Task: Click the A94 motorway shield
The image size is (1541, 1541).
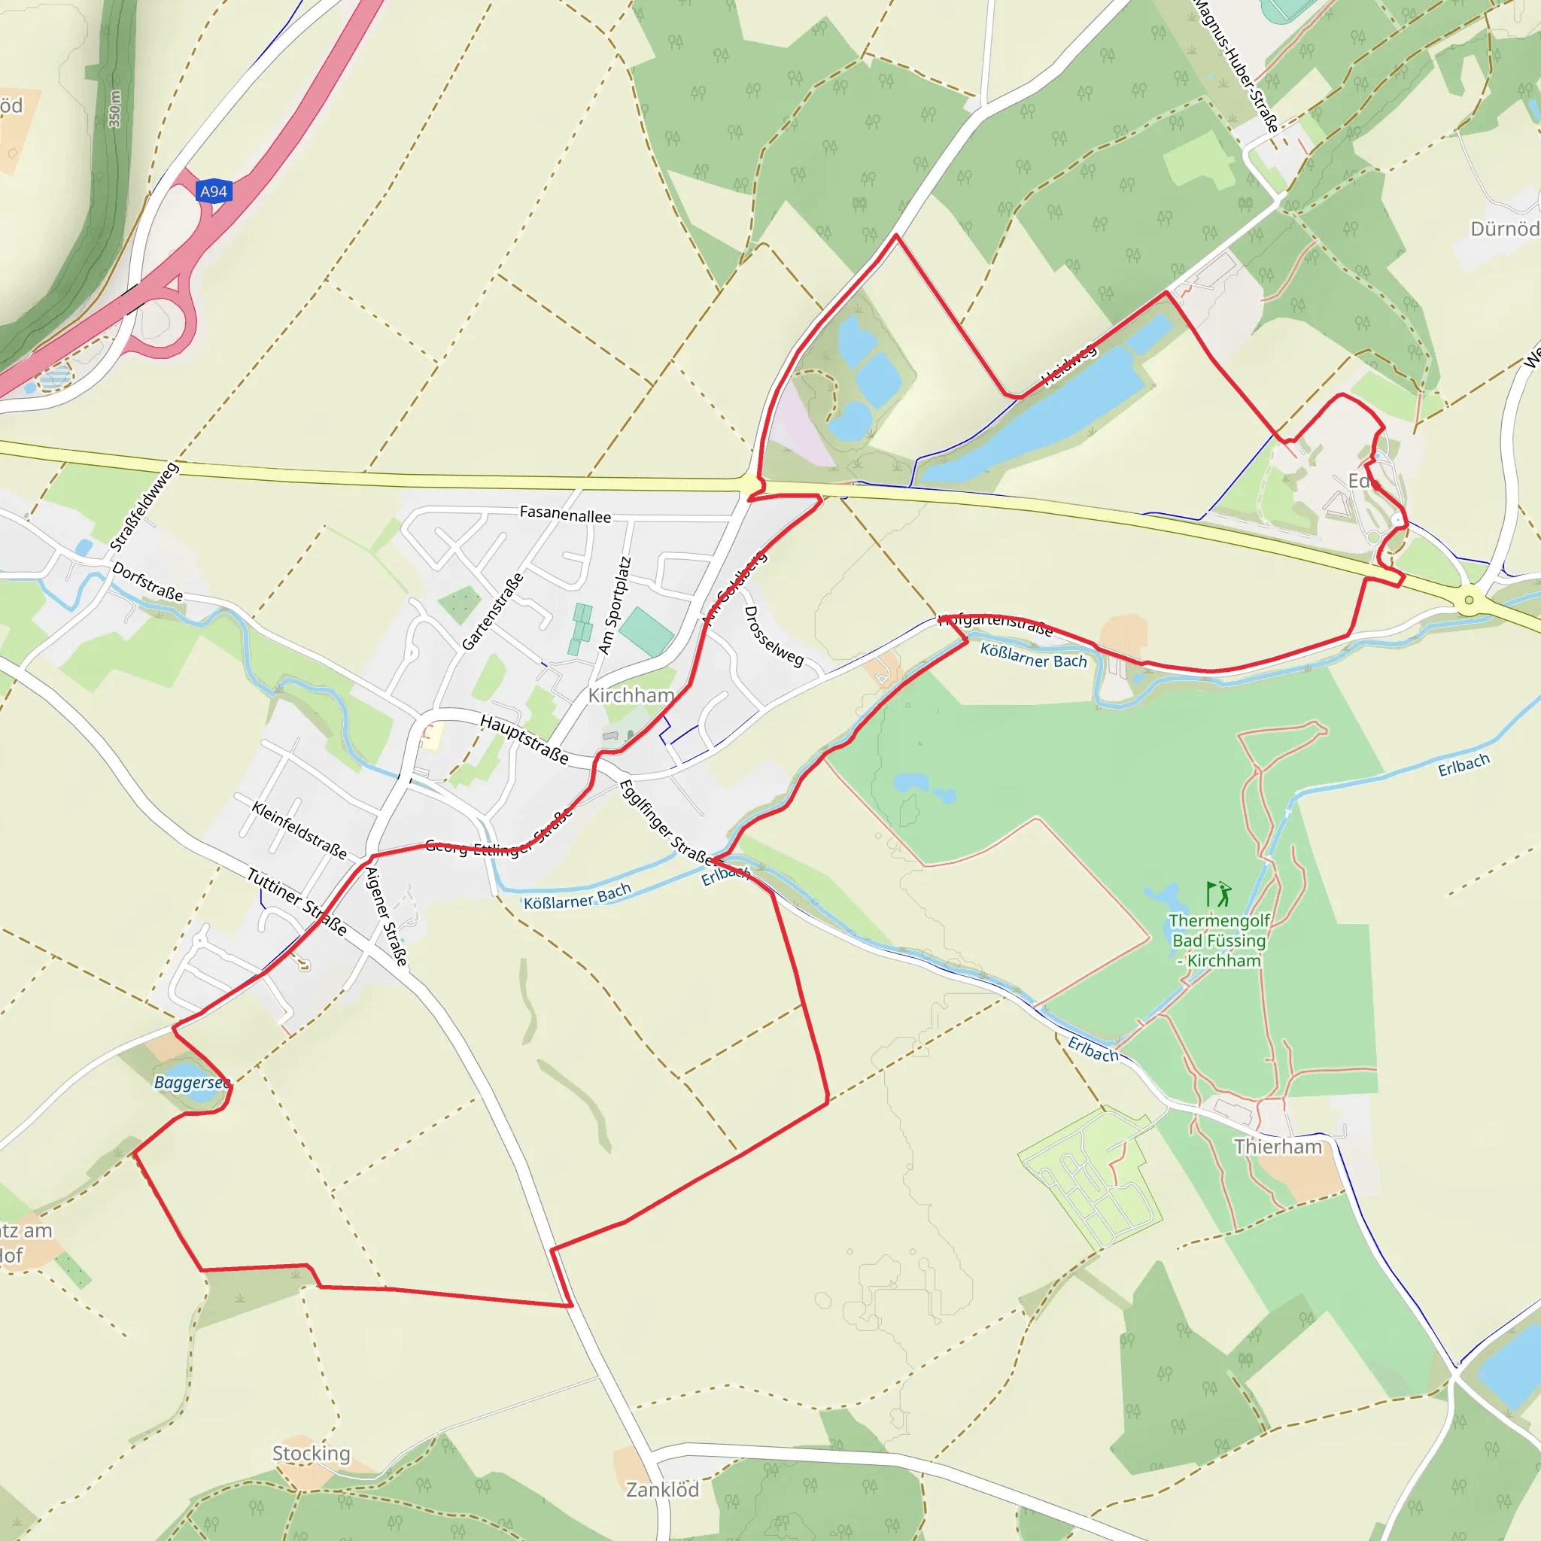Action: point(213,191)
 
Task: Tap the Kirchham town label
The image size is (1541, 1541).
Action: point(631,695)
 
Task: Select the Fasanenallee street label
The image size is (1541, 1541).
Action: point(565,515)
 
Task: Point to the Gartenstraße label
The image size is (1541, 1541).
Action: point(493,611)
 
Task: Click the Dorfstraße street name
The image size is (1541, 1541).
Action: point(147,582)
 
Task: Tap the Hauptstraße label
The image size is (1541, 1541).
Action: point(524,740)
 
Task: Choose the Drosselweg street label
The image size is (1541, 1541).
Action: point(773,636)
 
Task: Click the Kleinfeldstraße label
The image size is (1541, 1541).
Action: point(299,831)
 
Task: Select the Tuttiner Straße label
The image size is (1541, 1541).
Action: point(296,901)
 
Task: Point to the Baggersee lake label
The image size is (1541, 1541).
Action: point(191,1082)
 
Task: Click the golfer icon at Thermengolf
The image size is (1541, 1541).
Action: point(1219,894)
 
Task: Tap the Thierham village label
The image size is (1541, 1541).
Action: point(1278,1147)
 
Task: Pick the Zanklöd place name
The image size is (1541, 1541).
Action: point(662,1490)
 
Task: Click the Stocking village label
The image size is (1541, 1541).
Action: point(311,1453)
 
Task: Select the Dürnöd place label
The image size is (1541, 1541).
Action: point(1504,229)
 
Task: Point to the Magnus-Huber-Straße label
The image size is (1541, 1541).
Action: point(1236,64)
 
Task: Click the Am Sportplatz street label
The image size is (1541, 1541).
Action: point(614,606)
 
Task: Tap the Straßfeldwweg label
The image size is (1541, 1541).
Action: point(144,506)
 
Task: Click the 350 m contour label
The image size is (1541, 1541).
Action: point(115,108)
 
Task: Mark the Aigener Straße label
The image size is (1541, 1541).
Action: point(386,916)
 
